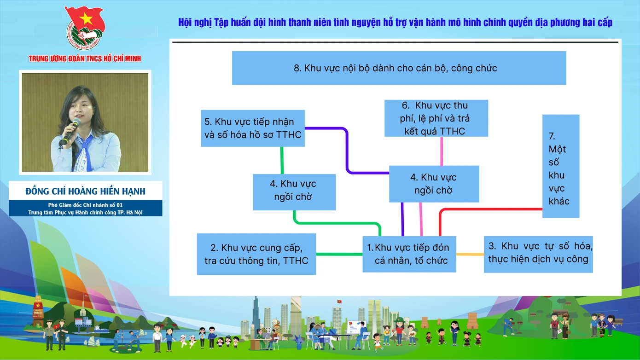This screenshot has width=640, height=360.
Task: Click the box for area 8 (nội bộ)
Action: (399, 68)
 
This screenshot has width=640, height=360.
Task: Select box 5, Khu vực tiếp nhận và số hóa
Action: (253, 128)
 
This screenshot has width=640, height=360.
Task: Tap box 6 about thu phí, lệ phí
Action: (436, 118)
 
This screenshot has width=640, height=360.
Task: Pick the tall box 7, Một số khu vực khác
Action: (560, 166)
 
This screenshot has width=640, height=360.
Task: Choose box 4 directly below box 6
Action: (434, 184)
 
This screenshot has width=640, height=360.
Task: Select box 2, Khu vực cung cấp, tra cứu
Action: (256, 254)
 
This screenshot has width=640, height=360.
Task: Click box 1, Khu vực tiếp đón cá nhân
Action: (409, 254)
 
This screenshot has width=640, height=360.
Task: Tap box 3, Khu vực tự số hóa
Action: (538, 254)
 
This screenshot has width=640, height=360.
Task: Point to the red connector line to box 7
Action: (488, 209)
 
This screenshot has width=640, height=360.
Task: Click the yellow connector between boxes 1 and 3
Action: (470, 254)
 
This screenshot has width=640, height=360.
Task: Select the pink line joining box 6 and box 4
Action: (442, 151)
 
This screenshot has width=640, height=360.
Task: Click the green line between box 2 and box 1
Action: (339, 254)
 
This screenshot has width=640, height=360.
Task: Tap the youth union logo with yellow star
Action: (85, 29)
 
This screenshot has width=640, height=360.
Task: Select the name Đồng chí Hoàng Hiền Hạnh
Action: (86, 191)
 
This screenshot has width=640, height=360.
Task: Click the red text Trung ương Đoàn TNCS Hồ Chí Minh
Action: (85, 58)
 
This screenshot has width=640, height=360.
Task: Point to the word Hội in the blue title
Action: (185, 23)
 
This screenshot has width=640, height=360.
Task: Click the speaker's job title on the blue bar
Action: (86, 208)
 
